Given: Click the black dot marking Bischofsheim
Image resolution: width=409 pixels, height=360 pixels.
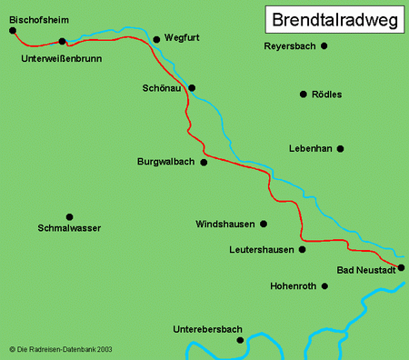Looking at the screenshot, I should point(13,30).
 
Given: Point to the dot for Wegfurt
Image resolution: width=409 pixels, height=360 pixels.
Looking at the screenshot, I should point(156,39).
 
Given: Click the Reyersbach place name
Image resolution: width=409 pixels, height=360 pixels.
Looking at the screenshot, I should point(288,45).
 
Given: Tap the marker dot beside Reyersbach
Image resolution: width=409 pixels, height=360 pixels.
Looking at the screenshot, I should point(324,45).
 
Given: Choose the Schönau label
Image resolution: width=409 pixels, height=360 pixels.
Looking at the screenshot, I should point(163,88).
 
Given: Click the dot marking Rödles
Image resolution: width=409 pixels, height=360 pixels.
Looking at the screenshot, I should point(303,94).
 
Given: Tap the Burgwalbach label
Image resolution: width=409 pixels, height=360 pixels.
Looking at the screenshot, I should point(166,163).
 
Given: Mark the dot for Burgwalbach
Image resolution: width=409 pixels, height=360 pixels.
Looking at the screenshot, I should point(204,163).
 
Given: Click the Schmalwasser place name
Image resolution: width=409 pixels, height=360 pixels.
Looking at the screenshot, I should point(70,228).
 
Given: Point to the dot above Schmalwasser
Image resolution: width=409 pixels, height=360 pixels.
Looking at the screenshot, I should point(69,216).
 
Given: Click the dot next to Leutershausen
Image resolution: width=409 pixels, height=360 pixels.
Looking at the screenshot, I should point(303,248).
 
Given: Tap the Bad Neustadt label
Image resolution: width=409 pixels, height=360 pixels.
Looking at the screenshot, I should point(365,270).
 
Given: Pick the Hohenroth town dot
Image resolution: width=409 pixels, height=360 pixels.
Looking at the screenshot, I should point(325,285).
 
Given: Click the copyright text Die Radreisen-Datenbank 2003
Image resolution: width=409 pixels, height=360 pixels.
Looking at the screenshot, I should point(60,348).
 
